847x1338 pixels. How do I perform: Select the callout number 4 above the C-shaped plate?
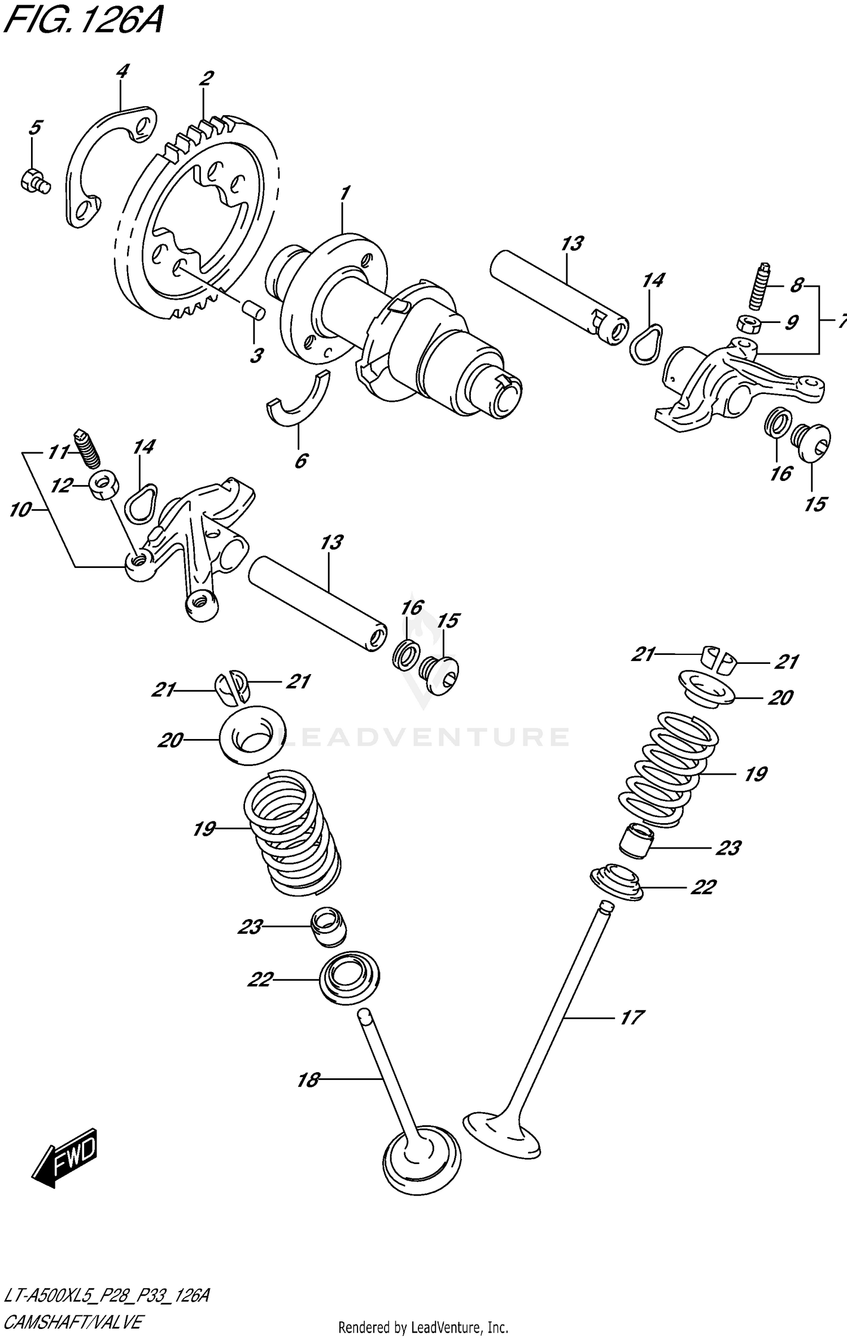click(x=121, y=72)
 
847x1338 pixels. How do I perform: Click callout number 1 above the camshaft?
click(x=344, y=193)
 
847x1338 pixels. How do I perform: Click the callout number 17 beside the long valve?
click(x=631, y=1017)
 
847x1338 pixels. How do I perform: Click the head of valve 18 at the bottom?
click(x=421, y=1158)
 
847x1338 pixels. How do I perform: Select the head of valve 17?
click(x=500, y=1133)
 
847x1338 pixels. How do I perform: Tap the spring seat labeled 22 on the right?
click(x=617, y=881)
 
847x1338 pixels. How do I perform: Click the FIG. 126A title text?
click(x=83, y=23)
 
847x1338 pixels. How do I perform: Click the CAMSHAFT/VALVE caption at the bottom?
click(x=73, y=1322)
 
